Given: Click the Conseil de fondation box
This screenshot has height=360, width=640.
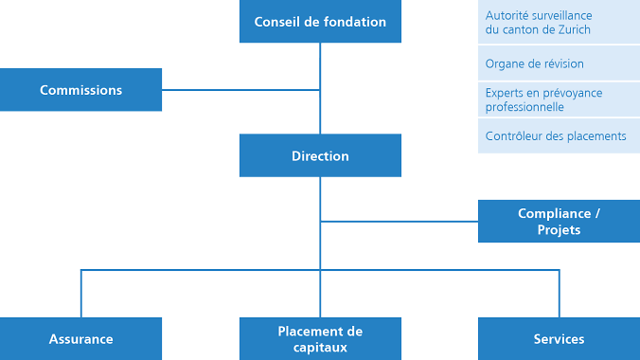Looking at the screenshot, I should pyautogui.click(x=320, y=22).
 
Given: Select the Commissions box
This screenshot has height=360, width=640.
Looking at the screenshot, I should pyautogui.click(x=81, y=90).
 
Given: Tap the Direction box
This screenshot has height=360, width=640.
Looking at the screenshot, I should pyautogui.click(x=320, y=155).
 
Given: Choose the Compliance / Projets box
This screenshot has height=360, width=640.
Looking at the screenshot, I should pyautogui.click(x=559, y=222).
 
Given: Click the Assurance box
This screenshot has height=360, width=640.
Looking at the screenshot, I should pyautogui.click(x=81, y=338).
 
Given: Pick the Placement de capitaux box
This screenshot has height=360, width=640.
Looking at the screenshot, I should pyautogui.click(x=320, y=338).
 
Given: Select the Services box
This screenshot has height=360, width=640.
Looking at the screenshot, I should pyautogui.click(x=559, y=338).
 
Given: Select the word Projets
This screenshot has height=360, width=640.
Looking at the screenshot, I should pyautogui.click(x=559, y=230).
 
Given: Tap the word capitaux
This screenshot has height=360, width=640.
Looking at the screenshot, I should pyautogui.click(x=321, y=347).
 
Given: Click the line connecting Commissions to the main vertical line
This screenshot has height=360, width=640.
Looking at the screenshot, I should pyautogui.click(x=241, y=90).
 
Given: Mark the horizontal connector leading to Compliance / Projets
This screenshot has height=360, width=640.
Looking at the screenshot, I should pyautogui.click(x=399, y=222).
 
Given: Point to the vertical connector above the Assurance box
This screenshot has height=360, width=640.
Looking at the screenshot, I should pyautogui.click(x=81, y=294).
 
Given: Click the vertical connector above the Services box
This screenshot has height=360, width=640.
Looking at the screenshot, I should pyautogui.click(x=559, y=294).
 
